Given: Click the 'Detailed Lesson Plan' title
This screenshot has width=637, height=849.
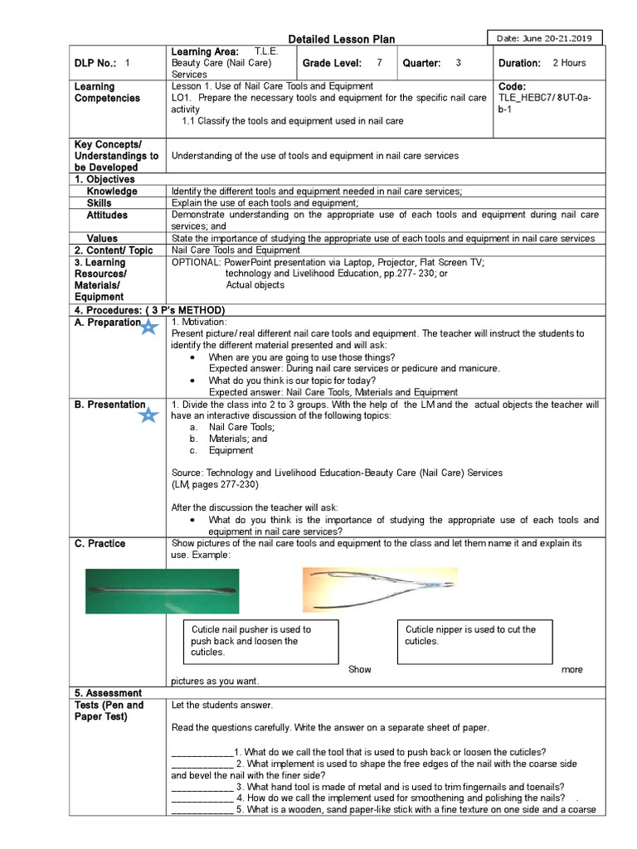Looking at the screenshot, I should click(x=341, y=39).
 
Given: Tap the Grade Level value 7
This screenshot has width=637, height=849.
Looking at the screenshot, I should click(x=379, y=63).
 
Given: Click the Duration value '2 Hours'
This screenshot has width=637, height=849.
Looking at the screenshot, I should click(x=569, y=63).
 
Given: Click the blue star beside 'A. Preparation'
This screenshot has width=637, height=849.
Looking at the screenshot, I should click(x=149, y=327).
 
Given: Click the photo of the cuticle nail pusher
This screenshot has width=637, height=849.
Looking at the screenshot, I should click(x=163, y=590).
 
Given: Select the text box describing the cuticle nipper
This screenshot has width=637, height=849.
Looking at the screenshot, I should click(x=474, y=641).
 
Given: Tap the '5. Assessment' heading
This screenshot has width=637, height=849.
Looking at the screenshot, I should click(x=109, y=693).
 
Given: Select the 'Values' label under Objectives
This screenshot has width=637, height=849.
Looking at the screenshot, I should click(x=103, y=238).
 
